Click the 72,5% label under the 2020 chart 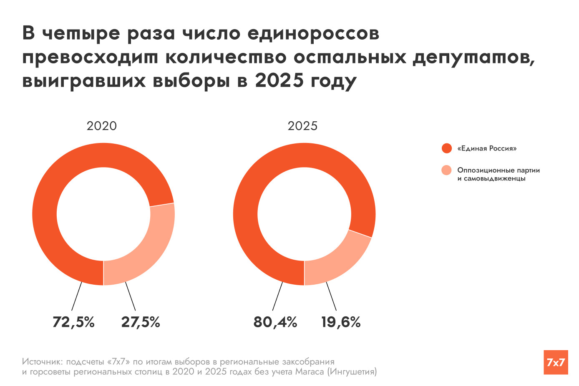pos(73,322)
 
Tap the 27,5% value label pos(141,322)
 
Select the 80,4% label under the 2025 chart pos(275,322)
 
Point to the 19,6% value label pos(341,322)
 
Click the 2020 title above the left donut pos(101,126)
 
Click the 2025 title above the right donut pos(302,126)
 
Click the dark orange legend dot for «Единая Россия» pos(447,148)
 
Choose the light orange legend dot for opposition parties pos(447,170)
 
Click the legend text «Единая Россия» pos(487,148)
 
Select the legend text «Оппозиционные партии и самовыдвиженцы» pos(498,174)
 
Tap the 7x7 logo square pos(556,362)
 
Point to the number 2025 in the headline pos(279,80)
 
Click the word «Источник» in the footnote pos(41,361)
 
